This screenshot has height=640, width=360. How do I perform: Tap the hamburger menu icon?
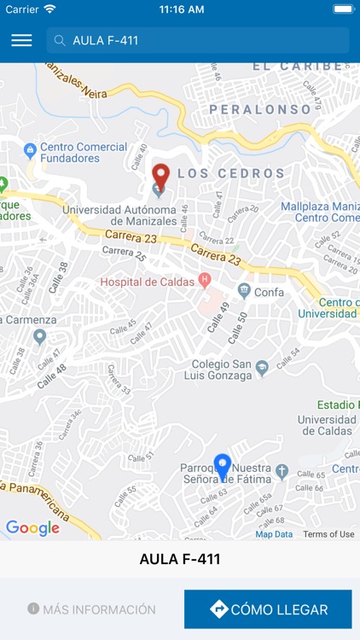[x=21, y=40]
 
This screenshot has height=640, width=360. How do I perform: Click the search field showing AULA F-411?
[x=198, y=40]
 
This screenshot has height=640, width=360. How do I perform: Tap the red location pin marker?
[x=160, y=177]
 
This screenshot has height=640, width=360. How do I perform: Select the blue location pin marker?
[x=223, y=467]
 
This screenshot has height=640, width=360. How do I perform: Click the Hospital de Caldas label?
[x=148, y=282]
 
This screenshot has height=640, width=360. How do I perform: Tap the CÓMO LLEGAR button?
[x=268, y=609]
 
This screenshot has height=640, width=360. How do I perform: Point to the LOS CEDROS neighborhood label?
[x=230, y=173]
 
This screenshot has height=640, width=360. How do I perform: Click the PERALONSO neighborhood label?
[x=260, y=110]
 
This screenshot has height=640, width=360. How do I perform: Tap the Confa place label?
[x=269, y=291]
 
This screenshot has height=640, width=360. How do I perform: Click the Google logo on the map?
[x=32, y=528]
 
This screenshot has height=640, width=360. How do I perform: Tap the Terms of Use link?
[x=328, y=534]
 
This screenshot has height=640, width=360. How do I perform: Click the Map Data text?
[x=274, y=534]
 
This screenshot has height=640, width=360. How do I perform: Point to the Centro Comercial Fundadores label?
[x=84, y=152]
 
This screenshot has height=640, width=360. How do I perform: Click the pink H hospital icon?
[x=205, y=279]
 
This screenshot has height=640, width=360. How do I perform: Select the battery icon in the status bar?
[x=343, y=9]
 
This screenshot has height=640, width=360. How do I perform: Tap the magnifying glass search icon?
[x=61, y=40]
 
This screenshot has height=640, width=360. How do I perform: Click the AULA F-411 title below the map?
[x=180, y=560]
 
